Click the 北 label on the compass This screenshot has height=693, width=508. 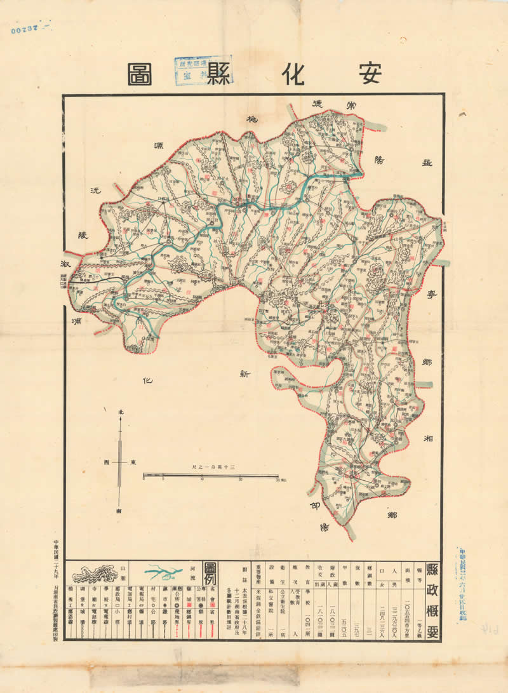pos(120,413)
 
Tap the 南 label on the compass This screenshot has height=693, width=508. pos(119,511)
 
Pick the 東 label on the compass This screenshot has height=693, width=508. pos(133,462)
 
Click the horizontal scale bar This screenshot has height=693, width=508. pos(210,475)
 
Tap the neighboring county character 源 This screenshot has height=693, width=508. pos(164,147)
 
